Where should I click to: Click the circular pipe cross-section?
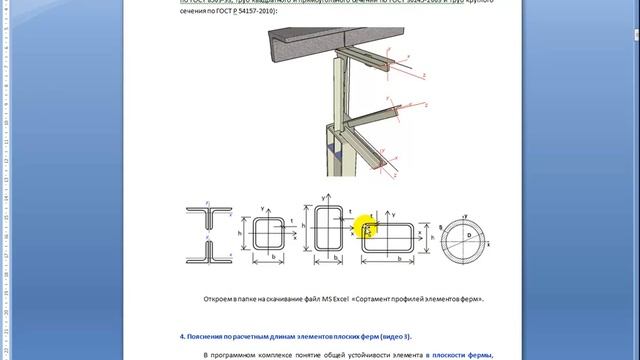click(465, 239)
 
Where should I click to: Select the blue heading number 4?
click(183, 335)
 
